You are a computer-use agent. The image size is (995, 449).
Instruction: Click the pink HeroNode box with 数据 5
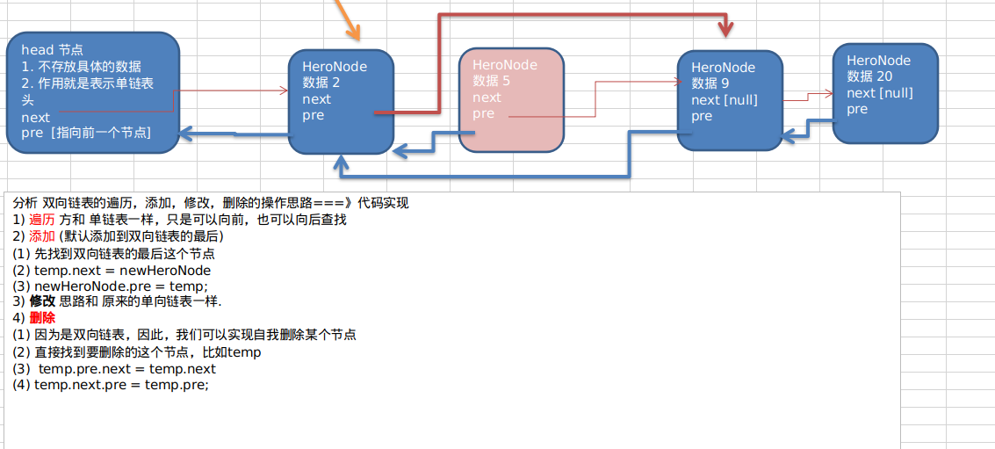511,98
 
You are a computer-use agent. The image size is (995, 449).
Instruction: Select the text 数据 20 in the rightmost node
869,76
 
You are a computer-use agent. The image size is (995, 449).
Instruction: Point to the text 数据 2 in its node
321,83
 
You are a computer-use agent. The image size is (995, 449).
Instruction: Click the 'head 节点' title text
52,50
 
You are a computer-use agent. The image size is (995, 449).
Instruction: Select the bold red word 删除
42,318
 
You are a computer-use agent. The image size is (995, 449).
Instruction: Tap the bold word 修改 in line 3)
42,301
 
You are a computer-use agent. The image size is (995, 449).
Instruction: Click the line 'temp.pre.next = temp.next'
126,368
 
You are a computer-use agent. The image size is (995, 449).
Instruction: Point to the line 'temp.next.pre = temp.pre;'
121,385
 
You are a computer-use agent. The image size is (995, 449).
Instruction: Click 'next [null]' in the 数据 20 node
879,93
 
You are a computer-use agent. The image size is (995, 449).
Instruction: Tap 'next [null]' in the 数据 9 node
724,100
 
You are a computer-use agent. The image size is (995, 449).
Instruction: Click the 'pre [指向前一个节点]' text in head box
86,133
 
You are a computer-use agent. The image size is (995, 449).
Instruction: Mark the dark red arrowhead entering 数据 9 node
725,31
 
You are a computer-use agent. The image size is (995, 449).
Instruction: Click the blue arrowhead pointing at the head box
185,134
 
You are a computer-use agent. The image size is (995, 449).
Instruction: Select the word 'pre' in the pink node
483,114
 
